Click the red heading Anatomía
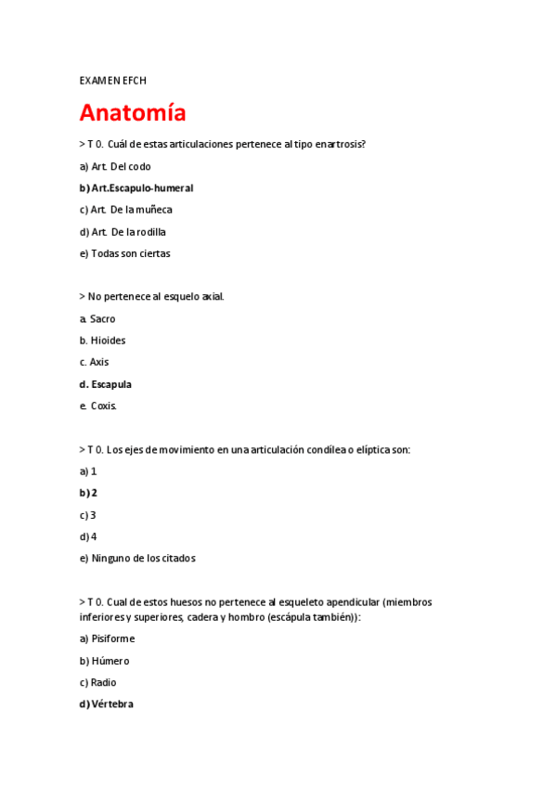tap(133, 113)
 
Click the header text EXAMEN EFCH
tap(113, 81)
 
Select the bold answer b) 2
tap(88, 493)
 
